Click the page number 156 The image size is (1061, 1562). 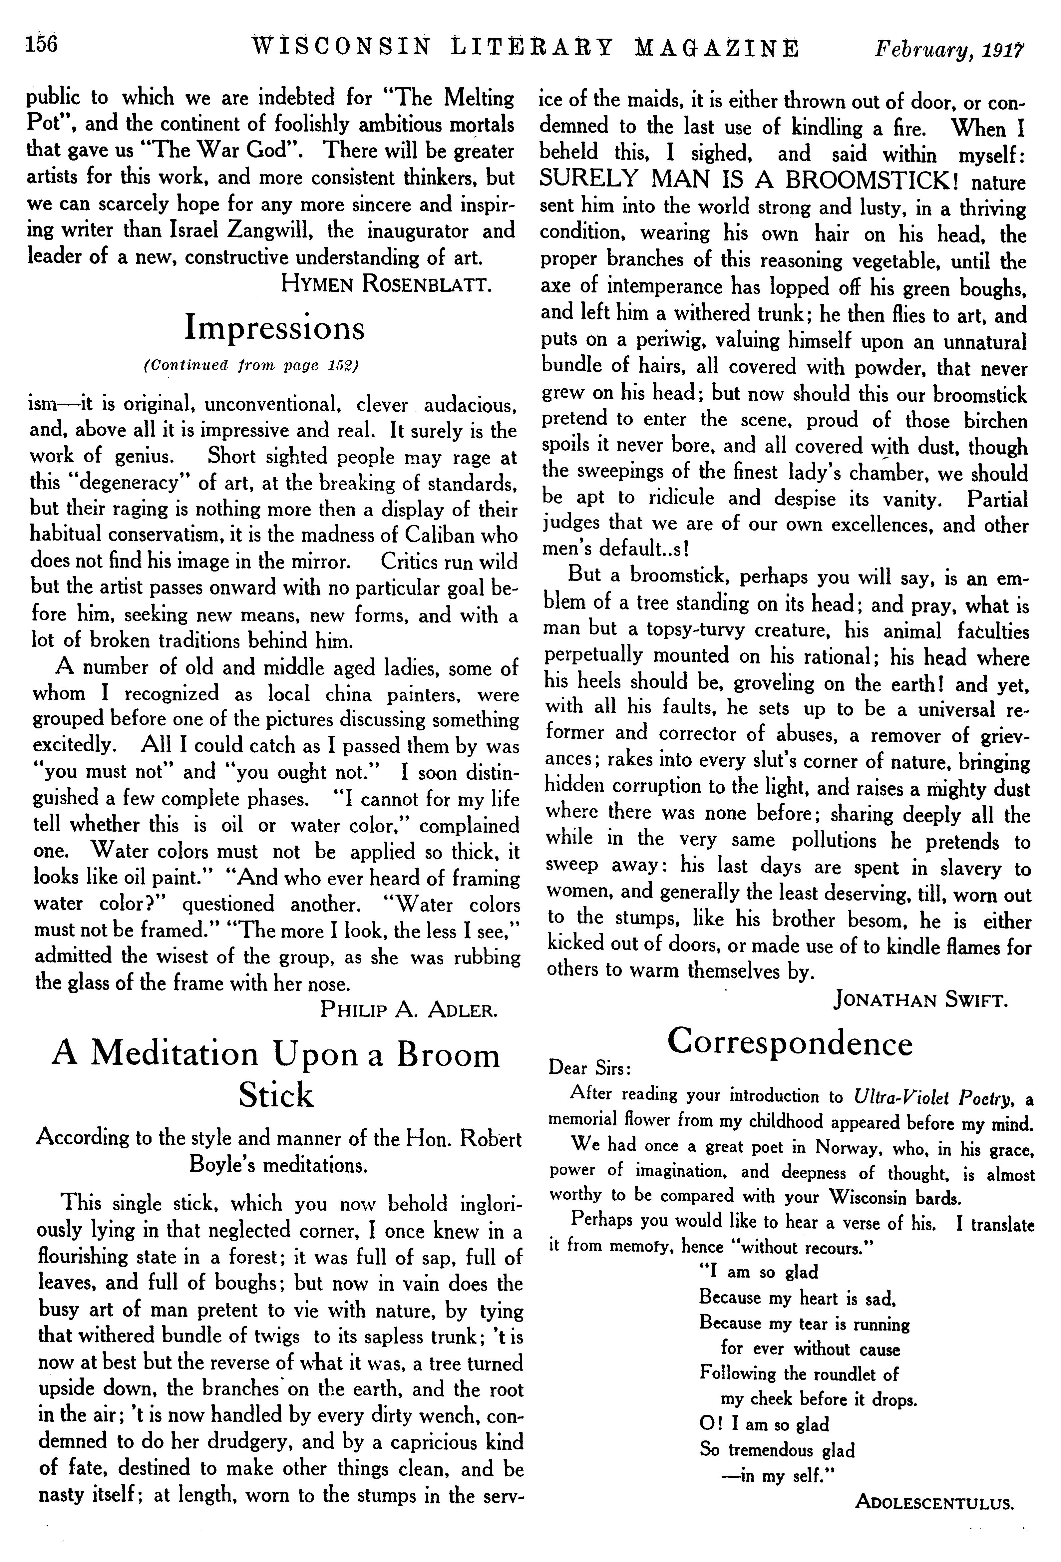(42, 44)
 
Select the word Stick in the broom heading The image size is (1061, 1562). (275, 1095)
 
